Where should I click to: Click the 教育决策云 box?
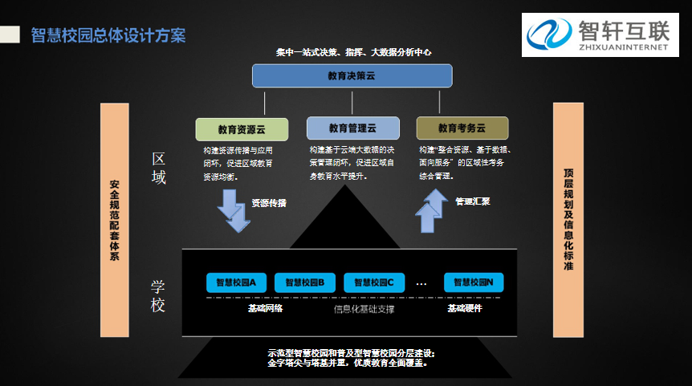pyautogui.click(x=352, y=75)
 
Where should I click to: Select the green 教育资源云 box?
pyautogui.click(x=241, y=128)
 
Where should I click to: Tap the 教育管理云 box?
pyautogui.click(x=352, y=128)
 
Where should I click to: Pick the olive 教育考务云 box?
pyautogui.click(x=462, y=128)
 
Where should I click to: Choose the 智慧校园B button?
pyautogui.click(x=304, y=282)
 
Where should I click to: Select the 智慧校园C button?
pyautogui.click(x=373, y=282)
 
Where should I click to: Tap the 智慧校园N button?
pyautogui.click(x=474, y=282)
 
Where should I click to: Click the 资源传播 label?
pyautogui.click(x=269, y=203)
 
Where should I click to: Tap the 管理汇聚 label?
pyautogui.click(x=473, y=201)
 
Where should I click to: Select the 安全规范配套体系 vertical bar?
pyautogui.click(x=114, y=220)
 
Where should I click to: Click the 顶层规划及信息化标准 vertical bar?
pyautogui.click(x=568, y=220)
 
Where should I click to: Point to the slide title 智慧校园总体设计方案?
pyautogui.click(x=108, y=35)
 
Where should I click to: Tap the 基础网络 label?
pyautogui.click(x=264, y=308)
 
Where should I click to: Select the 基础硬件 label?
pyautogui.click(x=465, y=308)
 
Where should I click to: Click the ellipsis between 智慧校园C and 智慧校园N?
pyautogui.click(x=421, y=283)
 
